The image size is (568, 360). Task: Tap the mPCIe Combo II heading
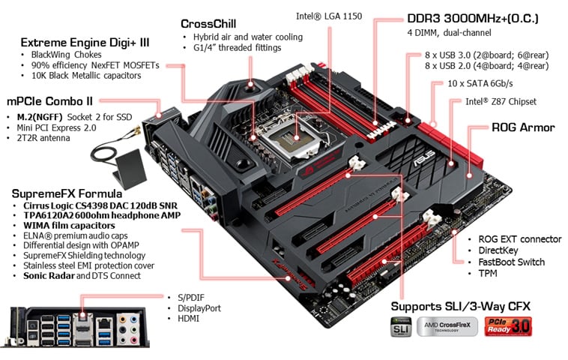point(49,100)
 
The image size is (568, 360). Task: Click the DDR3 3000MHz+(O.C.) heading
point(472,18)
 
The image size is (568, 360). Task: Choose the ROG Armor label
point(522,127)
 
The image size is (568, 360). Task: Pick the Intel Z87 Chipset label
point(501,101)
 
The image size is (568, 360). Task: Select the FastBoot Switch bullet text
point(511,262)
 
